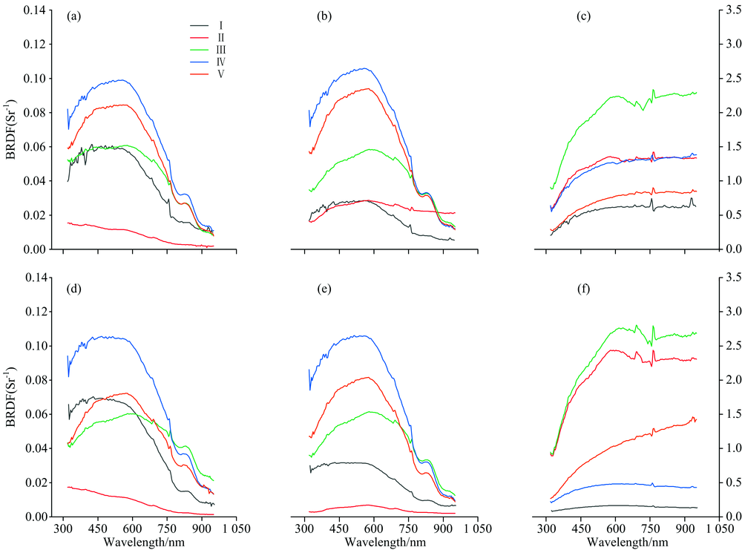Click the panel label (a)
pos(73,15)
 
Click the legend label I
pos(223,24)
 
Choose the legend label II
pos(223,36)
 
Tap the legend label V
pos(223,74)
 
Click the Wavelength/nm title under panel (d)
pos(141,543)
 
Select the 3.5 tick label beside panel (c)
pos(730,10)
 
